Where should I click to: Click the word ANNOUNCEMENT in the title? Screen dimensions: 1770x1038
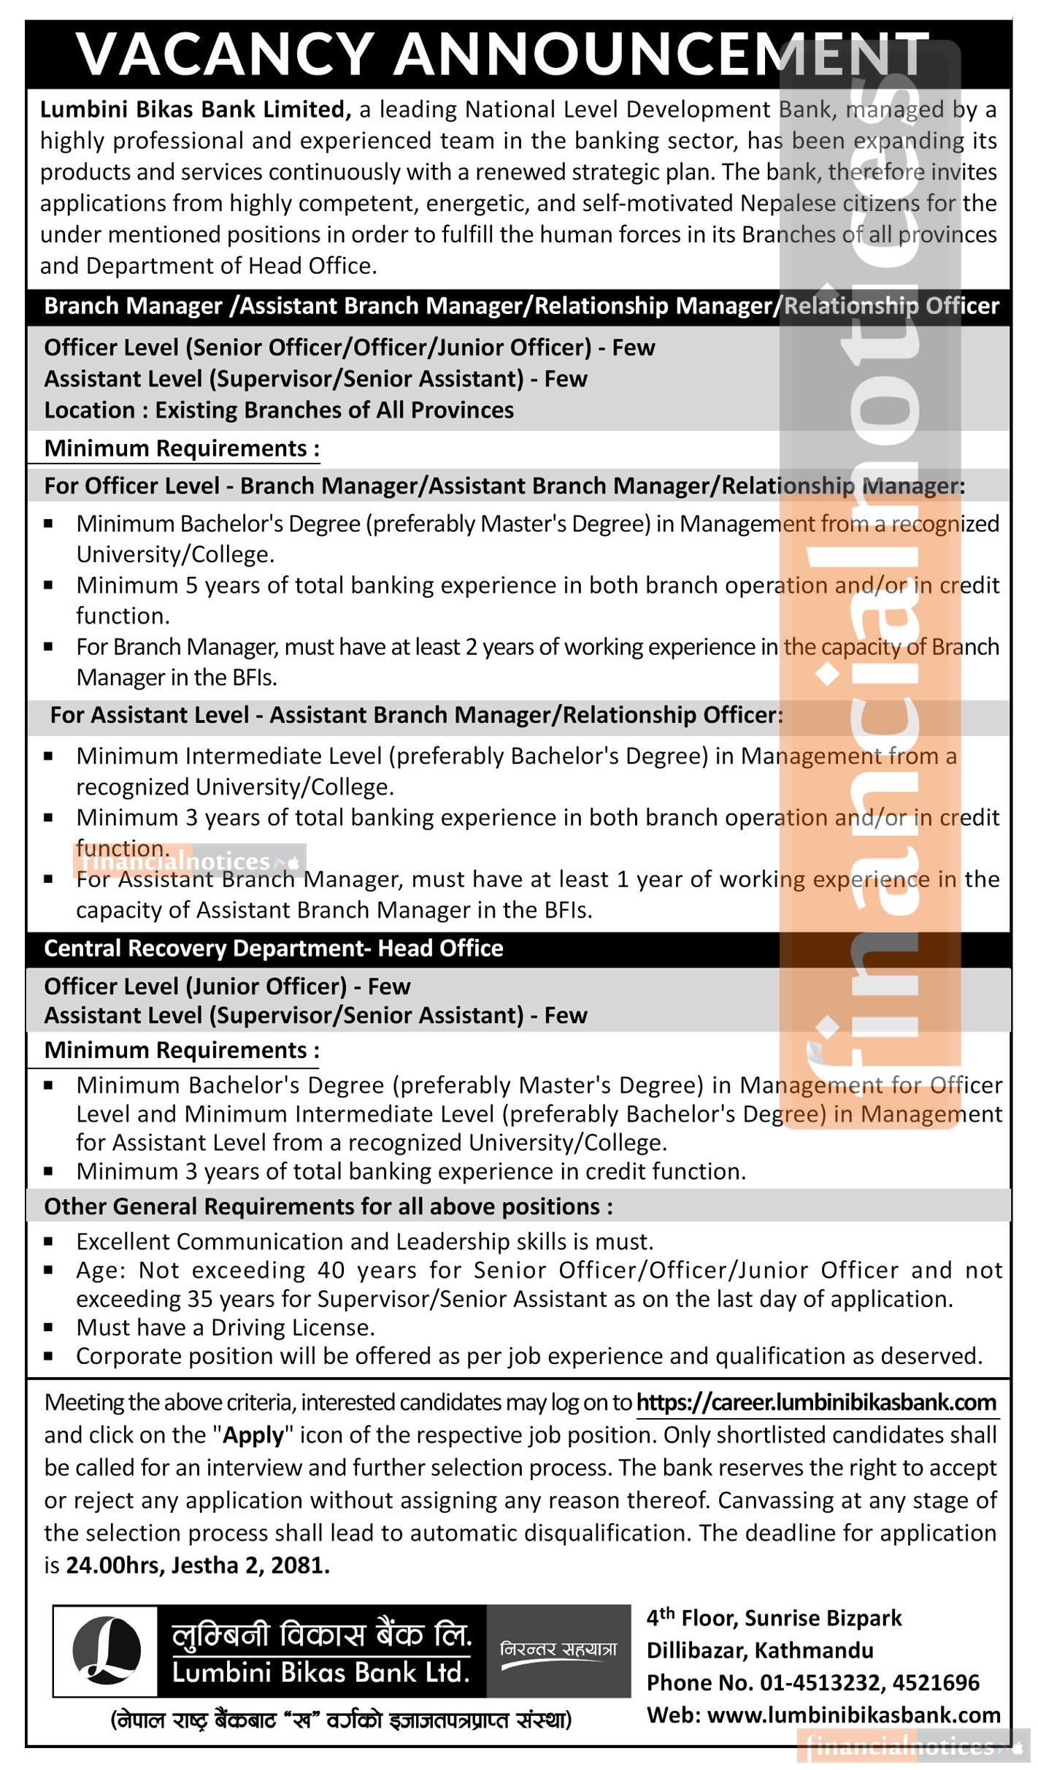(x=661, y=55)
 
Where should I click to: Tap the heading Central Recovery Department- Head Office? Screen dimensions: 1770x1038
(x=274, y=948)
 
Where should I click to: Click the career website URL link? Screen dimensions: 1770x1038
(x=816, y=1402)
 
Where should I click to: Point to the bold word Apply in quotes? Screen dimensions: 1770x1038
(x=253, y=1435)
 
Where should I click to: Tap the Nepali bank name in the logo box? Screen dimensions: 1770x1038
(x=321, y=1634)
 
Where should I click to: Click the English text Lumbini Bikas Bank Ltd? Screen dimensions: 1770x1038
(x=321, y=1672)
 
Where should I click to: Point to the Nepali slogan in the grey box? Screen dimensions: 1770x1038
(x=558, y=1650)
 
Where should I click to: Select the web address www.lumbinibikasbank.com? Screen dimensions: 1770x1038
(x=854, y=1715)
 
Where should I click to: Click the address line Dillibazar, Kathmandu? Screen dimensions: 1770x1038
(x=760, y=1650)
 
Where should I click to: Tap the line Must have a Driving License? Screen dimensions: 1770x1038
(x=226, y=1327)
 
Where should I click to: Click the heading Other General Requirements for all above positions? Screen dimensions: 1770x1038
(x=328, y=1206)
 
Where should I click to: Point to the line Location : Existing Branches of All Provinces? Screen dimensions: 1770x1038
(x=279, y=410)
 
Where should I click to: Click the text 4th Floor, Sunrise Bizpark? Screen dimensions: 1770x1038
(x=774, y=1618)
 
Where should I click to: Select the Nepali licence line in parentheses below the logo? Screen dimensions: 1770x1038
(x=341, y=1720)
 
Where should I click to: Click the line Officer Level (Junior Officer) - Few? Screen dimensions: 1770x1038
(x=227, y=986)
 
